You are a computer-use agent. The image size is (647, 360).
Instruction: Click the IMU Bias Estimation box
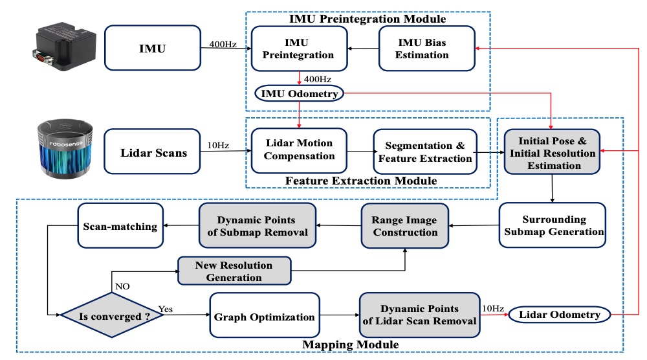(x=427, y=49)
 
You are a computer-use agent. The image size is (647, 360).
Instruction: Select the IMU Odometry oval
(x=299, y=94)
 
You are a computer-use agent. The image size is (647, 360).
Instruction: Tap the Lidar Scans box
(x=152, y=152)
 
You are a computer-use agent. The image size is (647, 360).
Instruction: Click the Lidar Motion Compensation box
(x=299, y=150)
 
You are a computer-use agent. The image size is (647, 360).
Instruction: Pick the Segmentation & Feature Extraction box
(x=425, y=152)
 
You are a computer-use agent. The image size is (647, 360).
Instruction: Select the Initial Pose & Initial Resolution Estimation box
(x=552, y=152)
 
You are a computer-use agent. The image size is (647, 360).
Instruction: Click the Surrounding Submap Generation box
(x=553, y=225)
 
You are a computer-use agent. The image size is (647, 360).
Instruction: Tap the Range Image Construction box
(x=405, y=226)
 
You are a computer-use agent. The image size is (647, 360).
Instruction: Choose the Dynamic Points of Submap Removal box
(x=258, y=225)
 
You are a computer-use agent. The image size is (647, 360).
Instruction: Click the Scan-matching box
(x=120, y=226)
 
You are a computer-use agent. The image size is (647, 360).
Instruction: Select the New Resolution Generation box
(x=234, y=271)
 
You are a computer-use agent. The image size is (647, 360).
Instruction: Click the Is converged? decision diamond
(x=112, y=315)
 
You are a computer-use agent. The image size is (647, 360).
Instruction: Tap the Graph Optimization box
(x=265, y=315)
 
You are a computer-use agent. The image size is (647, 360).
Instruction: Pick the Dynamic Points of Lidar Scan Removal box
(x=420, y=315)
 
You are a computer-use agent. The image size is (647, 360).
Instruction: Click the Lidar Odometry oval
(x=560, y=315)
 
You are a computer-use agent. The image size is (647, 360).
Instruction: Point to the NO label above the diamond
(x=122, y=287)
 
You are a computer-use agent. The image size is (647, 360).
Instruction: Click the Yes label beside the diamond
(x=166, y=309)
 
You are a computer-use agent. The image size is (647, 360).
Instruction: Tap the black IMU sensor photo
(x=64, y=46)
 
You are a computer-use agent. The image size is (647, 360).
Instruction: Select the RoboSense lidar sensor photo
(x=65, y=150)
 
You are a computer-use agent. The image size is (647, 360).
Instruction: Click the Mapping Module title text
(x=350, y=344)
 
